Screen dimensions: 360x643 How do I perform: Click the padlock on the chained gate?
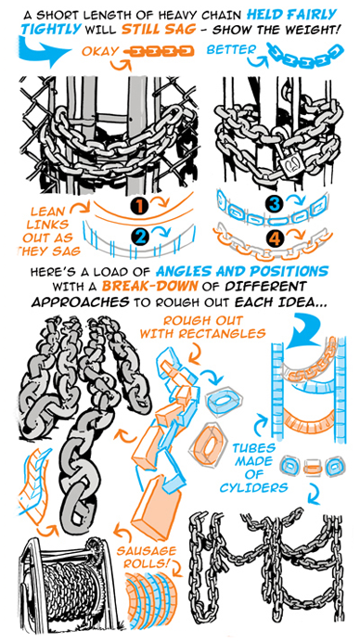tap(289, 162)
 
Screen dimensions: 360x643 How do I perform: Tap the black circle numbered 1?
tap(140, 205)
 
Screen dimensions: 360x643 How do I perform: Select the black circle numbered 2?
tap(140, 237)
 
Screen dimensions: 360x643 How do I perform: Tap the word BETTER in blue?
tap(231, 49)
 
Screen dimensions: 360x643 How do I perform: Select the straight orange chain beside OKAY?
tap(159, 51)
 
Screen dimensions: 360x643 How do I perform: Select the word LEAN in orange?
tap(47, 212)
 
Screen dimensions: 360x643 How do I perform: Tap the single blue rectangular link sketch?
tap(223, 399)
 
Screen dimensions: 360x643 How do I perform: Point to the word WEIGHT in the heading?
tap(314, 31)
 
